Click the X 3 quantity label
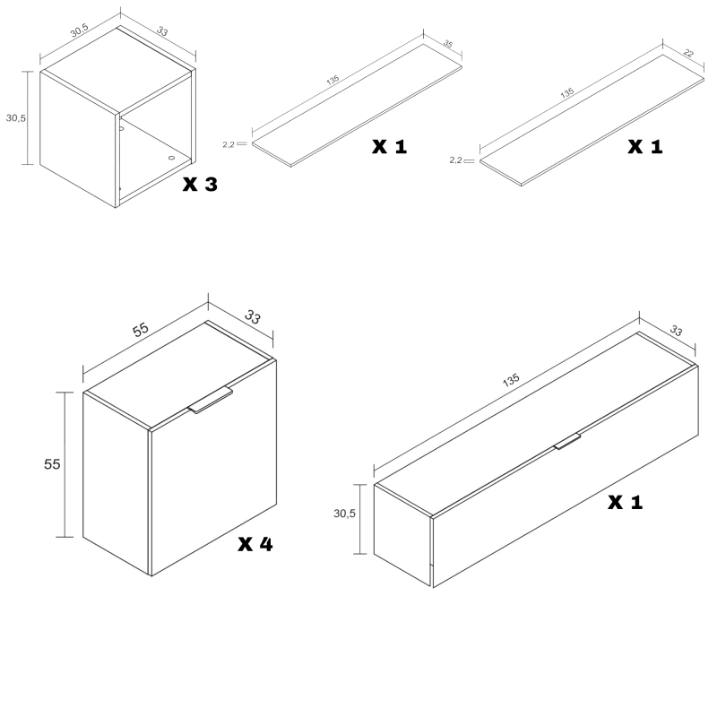(200, 185)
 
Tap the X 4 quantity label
(255, 544)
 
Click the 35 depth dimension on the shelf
(448, 44)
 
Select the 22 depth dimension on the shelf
(688, 54)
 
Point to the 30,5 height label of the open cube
(16, 118)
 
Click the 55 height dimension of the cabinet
(52, 464)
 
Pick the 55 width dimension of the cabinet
(141, 329)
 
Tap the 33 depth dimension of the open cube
(162, 31)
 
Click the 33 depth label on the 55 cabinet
(253, 316)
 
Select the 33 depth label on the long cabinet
(676, 330)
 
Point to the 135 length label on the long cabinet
(511, 379)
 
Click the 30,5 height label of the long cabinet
(344, 514)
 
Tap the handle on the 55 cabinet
(211, 400)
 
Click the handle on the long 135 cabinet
(567, 441)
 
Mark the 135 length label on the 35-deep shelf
(333, 80)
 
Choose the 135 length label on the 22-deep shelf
(567, 93)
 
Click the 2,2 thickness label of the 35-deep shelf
(229, 144)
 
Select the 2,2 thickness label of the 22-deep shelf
(455, 160)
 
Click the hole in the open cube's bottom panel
(171, 158)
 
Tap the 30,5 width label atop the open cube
(79, 30)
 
